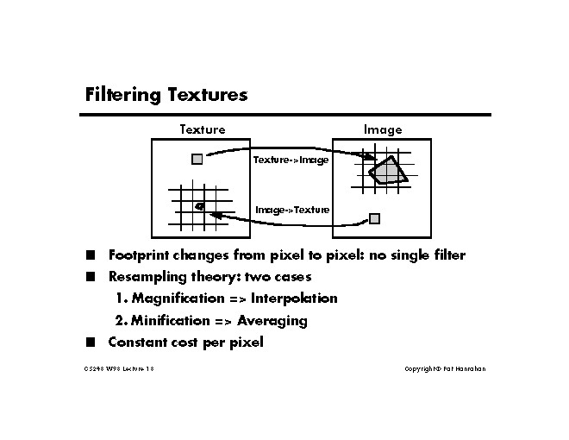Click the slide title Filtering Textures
pyautogui.click(x=166, y=94)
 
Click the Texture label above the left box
pyautogui.click(x=202, y=129)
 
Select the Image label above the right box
pyautogui.click(x=382, y=129)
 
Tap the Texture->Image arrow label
pyautogui.click(x=291, y=160)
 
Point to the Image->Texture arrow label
pyautogui.click(x=292, y=210)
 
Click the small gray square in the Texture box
pyautogui.click(x=197, y=159)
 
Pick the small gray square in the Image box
pyautogui.click(x=374, y=218)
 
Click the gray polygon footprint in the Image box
pyautogui.click(x=387, y=172)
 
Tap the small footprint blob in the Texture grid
pyautogui.click(x=200, y=205)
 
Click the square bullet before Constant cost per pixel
pyautogui.click(x=90, y=342)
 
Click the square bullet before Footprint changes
pyautogui.click(x=90, y=255)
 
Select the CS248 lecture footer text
pyautogui.click(x=118, y=369)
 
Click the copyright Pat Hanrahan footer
pyautogui.click(x=445, y=369)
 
